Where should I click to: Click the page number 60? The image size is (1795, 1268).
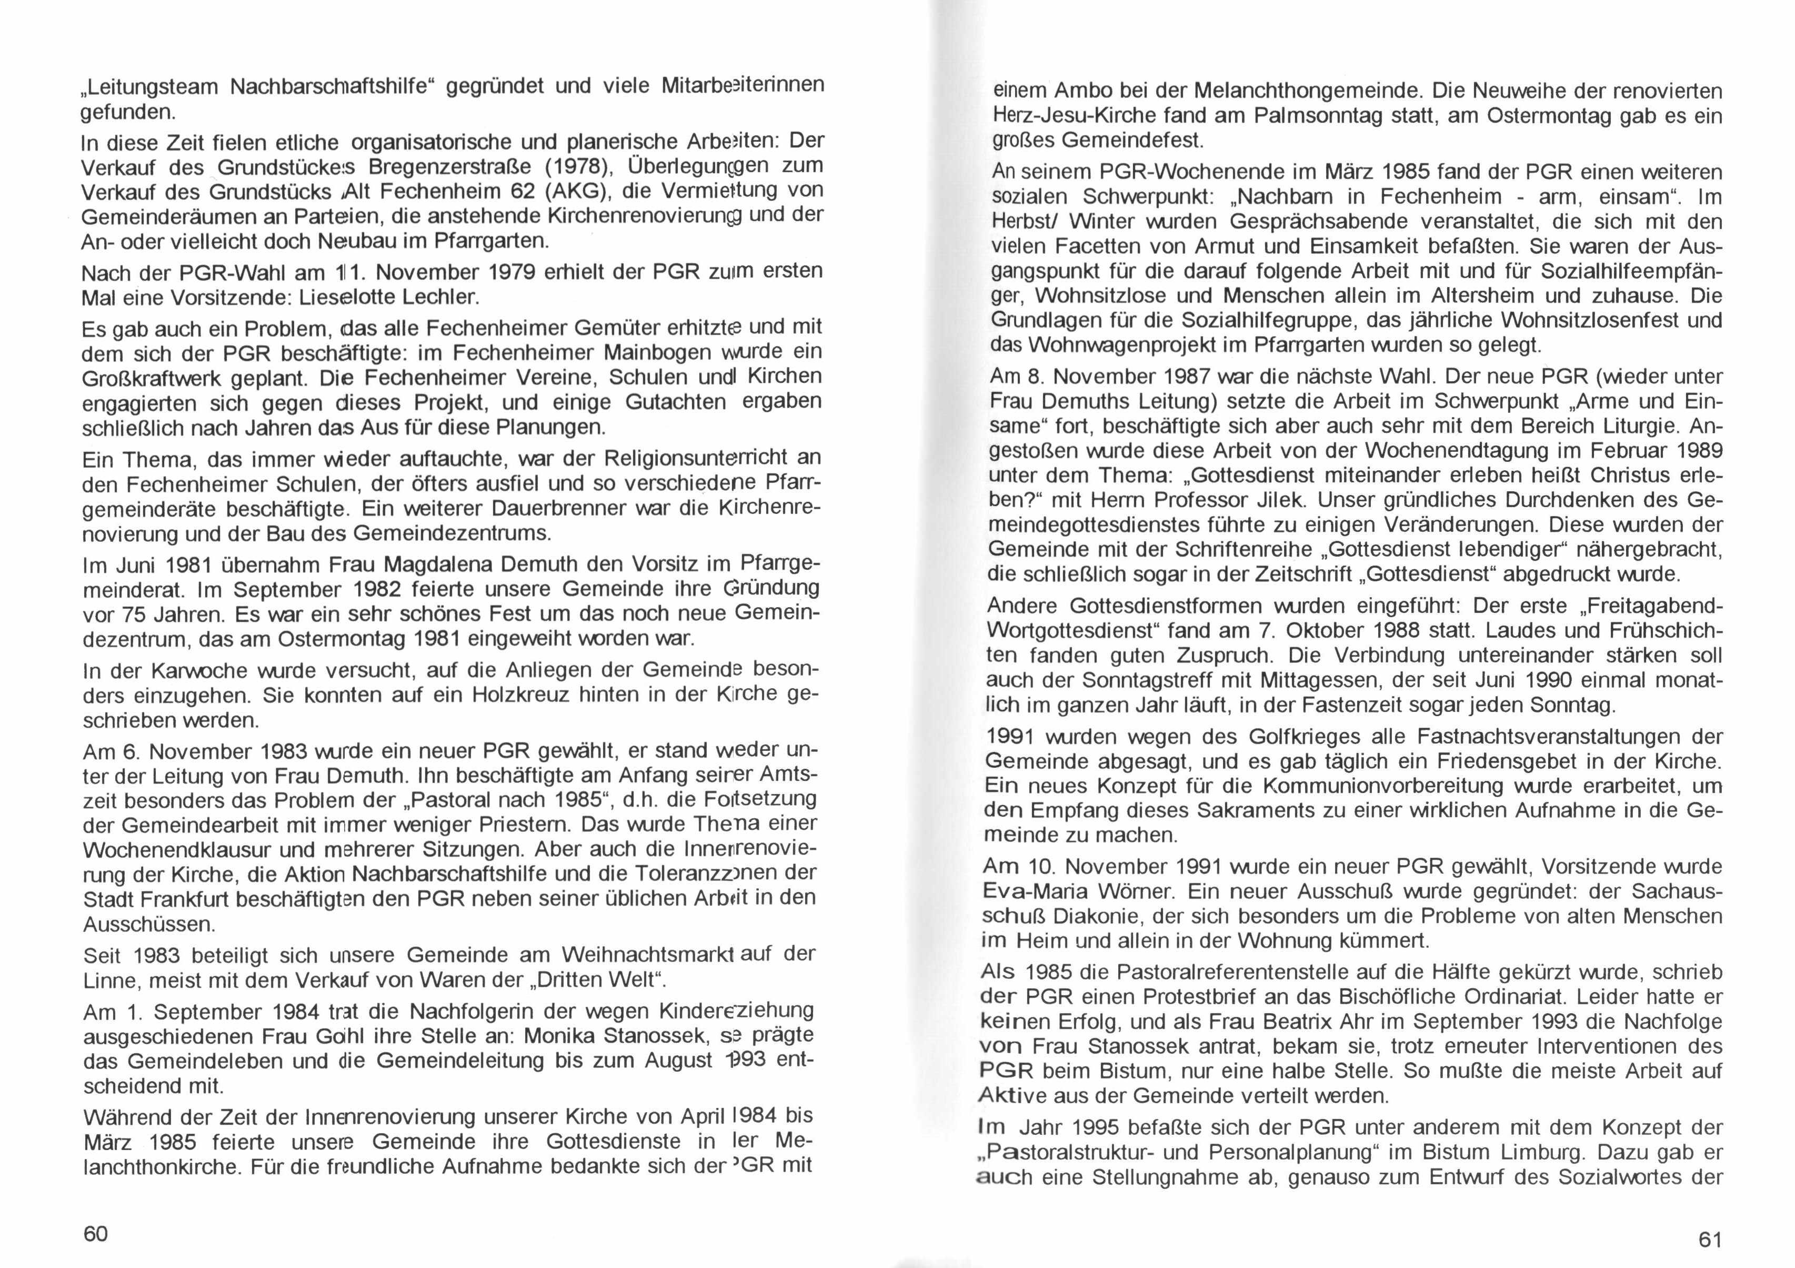pos(95,1234)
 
